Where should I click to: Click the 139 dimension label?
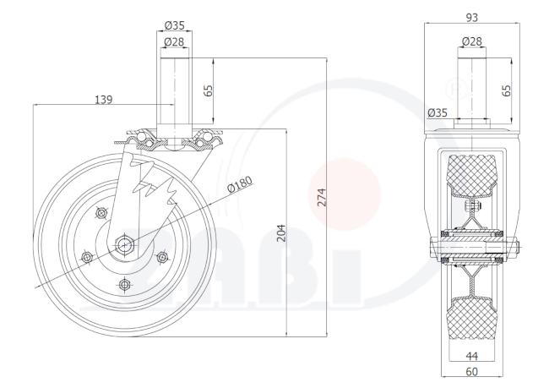[x=104, y=100]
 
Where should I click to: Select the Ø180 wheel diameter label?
[x=240, y=184]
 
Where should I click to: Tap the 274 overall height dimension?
[x=322, y=197]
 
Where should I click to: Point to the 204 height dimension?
[x=281, y=233]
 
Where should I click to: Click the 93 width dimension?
[x=472, y=17]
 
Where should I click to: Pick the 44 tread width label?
[x=472, y=356]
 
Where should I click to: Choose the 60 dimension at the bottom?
[x=472, y=372]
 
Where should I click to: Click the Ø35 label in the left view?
[x=174, y=25]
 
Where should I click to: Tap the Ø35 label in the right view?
[x=438, y=112]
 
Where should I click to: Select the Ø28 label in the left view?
[x=174, y=41]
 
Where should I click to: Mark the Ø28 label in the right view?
[x=472, y=41]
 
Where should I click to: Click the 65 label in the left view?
[x=208, y=90]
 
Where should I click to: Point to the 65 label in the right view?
[x=506, y=90]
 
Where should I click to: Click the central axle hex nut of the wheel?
[x=123, y=244]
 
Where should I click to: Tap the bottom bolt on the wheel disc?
[x=124, y=284]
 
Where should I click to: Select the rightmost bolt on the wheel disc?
[x=161, y=258]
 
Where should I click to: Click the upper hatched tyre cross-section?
[x=471, y=174]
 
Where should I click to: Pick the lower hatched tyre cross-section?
[x=471, y=318]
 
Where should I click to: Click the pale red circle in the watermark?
[x=344, y=195]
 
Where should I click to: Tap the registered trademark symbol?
[x=456, y=89]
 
